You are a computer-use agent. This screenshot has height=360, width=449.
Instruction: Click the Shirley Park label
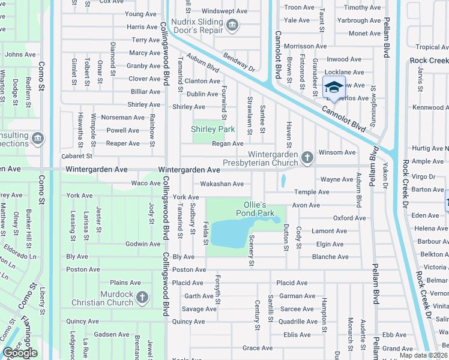212,129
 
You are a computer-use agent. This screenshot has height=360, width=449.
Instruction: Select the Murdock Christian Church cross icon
142,297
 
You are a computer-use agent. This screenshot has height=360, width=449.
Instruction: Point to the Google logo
20,353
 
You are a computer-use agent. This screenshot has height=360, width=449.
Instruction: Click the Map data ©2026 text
423,355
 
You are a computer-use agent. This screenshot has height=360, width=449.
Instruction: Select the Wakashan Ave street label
221,184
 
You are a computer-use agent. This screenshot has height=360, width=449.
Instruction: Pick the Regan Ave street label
228,143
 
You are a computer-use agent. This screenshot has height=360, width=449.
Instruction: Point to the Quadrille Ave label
298,322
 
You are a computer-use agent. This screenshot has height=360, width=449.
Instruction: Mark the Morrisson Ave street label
307,46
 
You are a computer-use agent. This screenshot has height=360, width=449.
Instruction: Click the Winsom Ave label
337,152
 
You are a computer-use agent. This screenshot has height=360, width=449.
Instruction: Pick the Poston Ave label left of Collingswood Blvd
83,269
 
